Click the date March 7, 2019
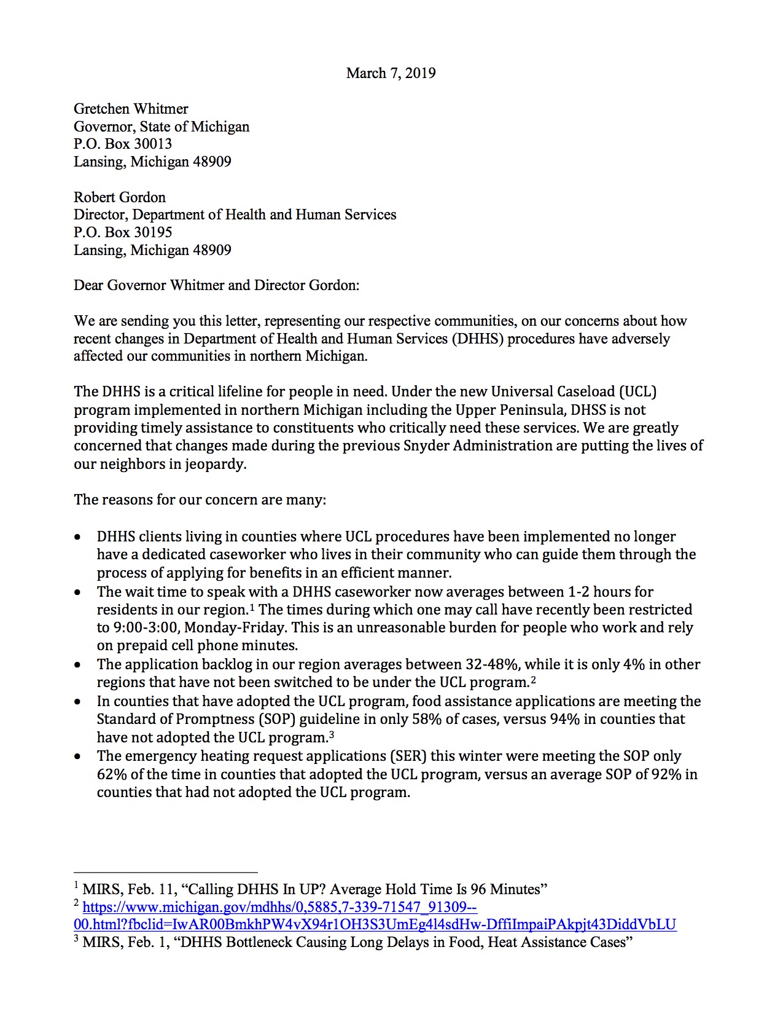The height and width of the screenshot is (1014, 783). pos(391,73)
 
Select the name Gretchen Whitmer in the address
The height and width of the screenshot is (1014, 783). pos(131,109)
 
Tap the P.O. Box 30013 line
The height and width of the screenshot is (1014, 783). pos(123,144)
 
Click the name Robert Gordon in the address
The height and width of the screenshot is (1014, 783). pos(120,197)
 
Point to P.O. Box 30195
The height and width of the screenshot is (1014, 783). pos(123,232)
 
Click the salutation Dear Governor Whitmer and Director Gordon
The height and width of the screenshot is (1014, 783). pos(216,285)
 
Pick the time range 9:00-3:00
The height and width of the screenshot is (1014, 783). pos(138,627)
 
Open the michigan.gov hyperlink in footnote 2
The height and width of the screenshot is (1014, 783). pos(279,907)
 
